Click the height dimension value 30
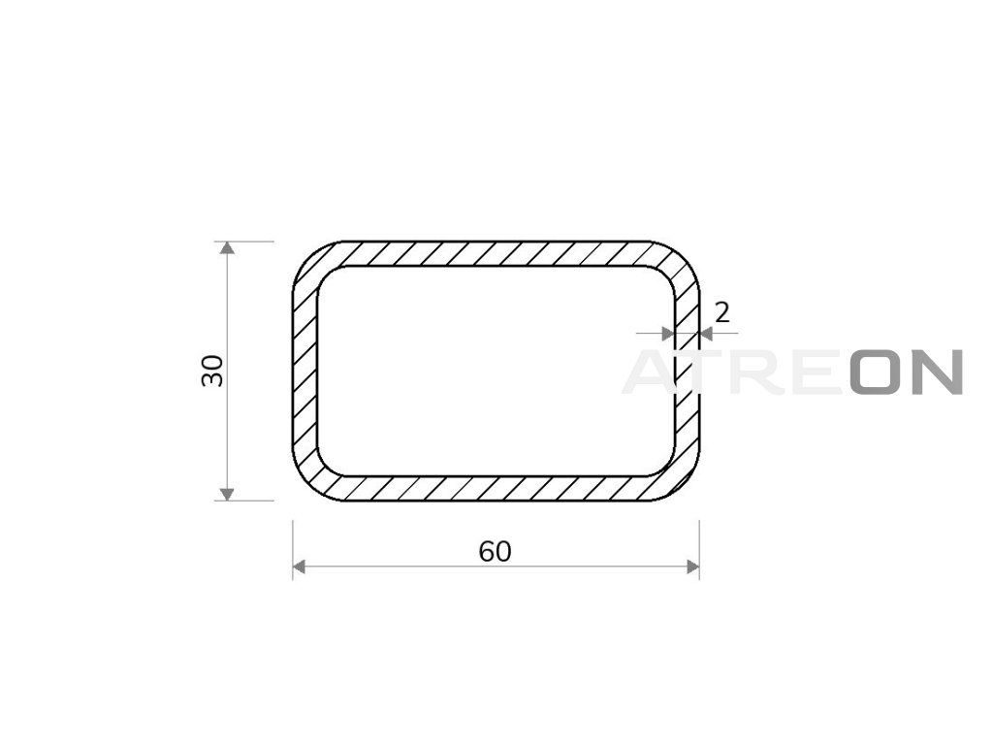click(212, 371)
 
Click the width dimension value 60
click(495, 552)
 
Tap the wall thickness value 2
click(721, 312)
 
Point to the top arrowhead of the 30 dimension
click(227, 247)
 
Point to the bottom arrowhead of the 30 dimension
click(227, 494)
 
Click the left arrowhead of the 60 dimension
click(300, 567)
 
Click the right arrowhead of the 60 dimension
click(692, 567)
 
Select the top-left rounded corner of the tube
click(313, 262)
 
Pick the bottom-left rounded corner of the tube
click(313, 480)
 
